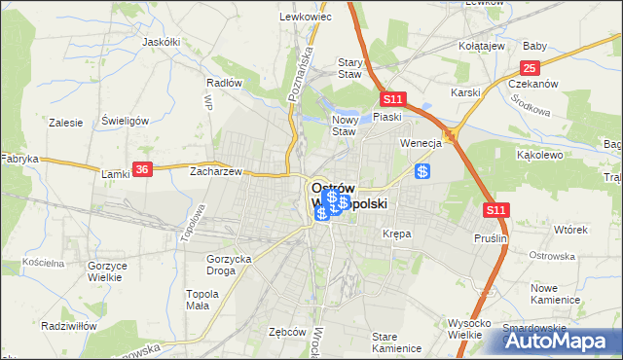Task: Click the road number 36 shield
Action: tap(142, 168)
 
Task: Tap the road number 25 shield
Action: tap(530, 67)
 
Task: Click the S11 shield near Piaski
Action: tap(392, 99)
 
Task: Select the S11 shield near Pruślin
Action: tap(496, 209)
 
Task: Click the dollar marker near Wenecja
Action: tap(422, 171)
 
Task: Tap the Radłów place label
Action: tap(224, 83)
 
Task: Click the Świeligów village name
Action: tap(125, 121)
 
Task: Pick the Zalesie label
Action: tap(65, 124)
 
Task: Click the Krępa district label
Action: tap(397, 234)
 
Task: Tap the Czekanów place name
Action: tap(533, 84)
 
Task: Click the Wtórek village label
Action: tap(570, 230)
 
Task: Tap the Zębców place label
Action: tap(287, 331)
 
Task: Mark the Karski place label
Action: tap(466, 92)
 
